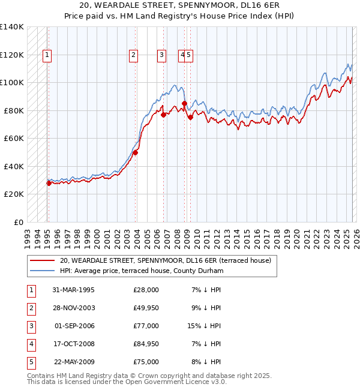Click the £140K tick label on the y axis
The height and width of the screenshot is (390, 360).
12,27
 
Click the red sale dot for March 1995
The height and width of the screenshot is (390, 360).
49,183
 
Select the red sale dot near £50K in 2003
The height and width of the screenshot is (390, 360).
136,152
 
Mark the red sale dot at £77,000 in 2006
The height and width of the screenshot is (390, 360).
163,115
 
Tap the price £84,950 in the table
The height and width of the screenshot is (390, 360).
146,344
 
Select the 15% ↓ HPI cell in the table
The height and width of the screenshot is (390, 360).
204,326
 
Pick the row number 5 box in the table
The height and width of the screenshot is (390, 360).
30,362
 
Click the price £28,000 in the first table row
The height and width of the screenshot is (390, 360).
146,290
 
